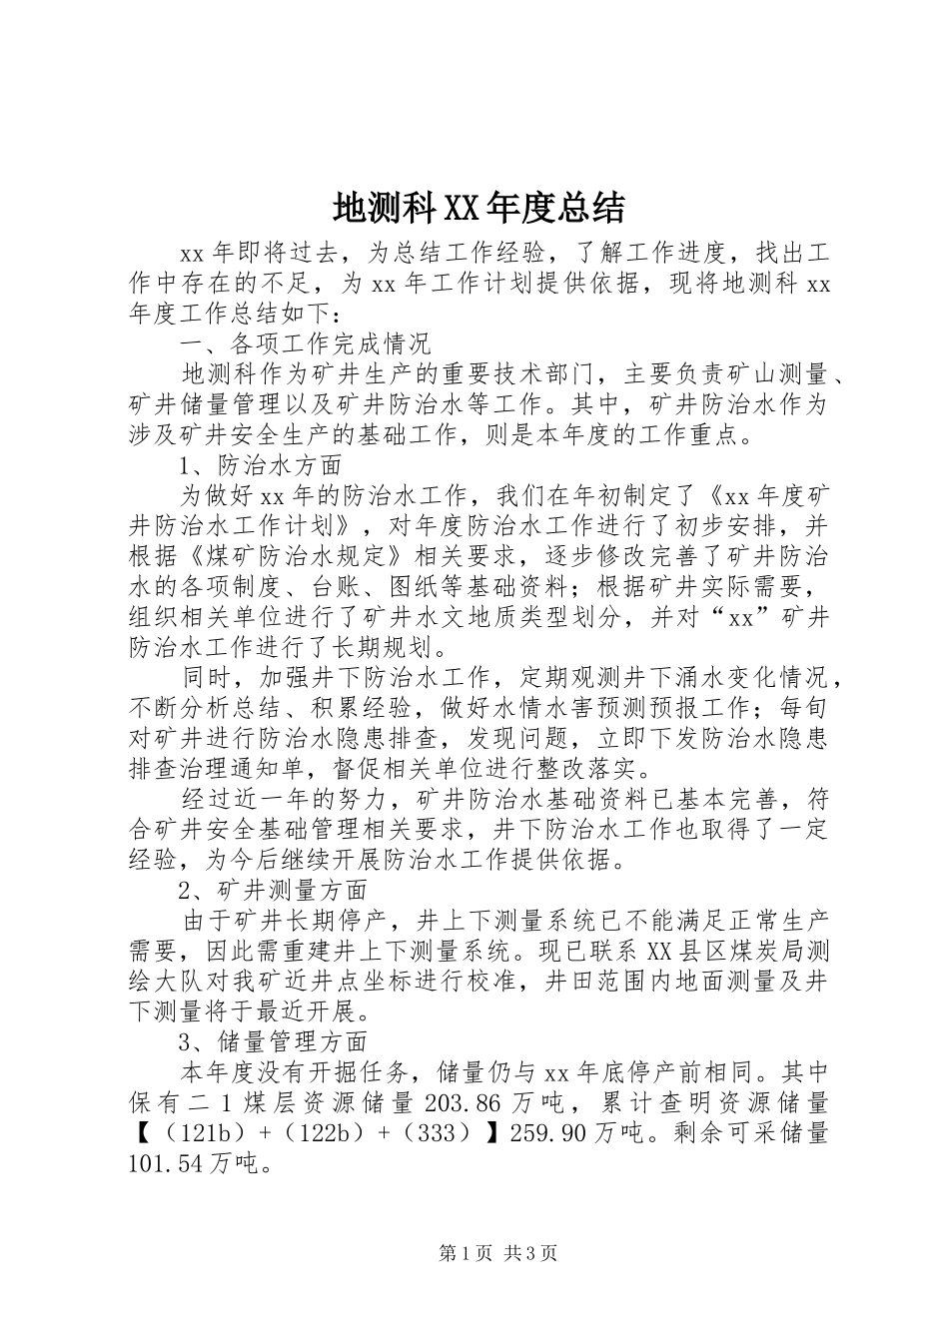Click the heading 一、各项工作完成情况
(x=305, y=345)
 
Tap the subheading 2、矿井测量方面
(x=273, y=889)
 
